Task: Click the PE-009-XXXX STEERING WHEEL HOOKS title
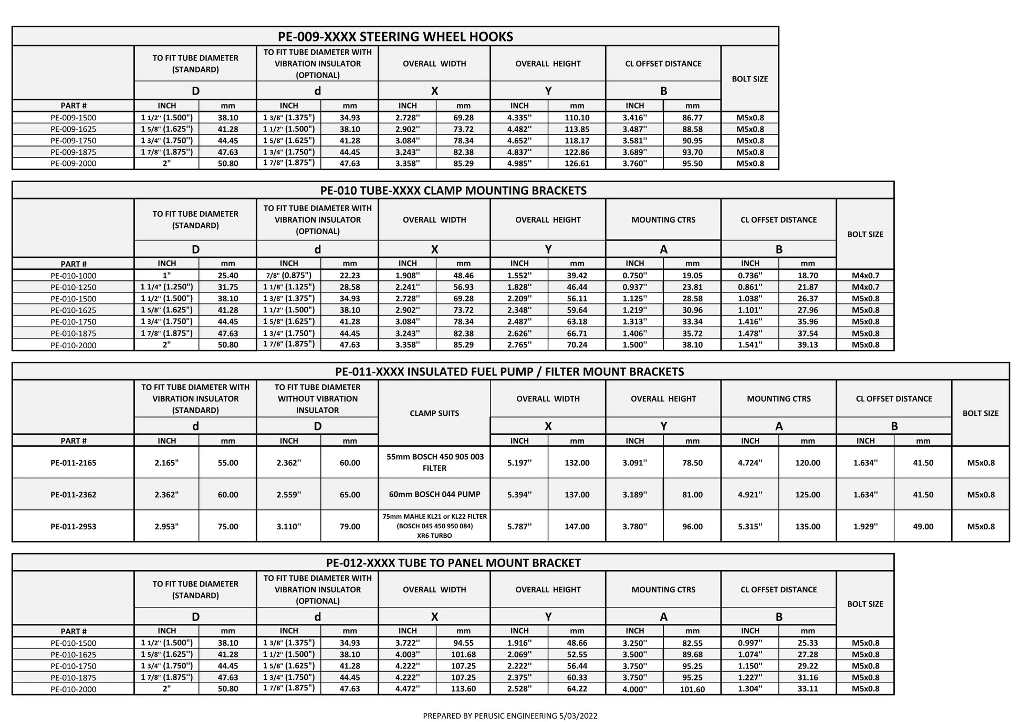[395, 37]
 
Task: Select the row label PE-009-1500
[74, 118]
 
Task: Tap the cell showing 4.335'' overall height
[519, 118]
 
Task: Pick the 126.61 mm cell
[577, 163]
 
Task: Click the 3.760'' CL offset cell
[634, 163]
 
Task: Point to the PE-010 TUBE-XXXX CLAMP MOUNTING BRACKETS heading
[453, 191]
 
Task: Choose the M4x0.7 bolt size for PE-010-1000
[865, 276]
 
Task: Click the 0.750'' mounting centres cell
[634, 276]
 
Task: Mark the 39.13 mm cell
[807, 345]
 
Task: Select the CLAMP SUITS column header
[434, 413]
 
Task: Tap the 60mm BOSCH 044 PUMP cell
[434, 494]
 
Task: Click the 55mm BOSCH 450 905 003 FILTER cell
[434, 462]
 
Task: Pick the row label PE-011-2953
[74, 527]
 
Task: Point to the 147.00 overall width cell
[577, 527]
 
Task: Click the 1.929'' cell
[865, 527]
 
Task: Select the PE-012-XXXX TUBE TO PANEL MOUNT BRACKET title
[453, 563]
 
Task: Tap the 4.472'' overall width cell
[408, 689]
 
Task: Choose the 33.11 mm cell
[807, 689]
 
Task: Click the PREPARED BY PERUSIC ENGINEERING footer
[510, 716]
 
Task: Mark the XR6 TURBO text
[434, 536]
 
